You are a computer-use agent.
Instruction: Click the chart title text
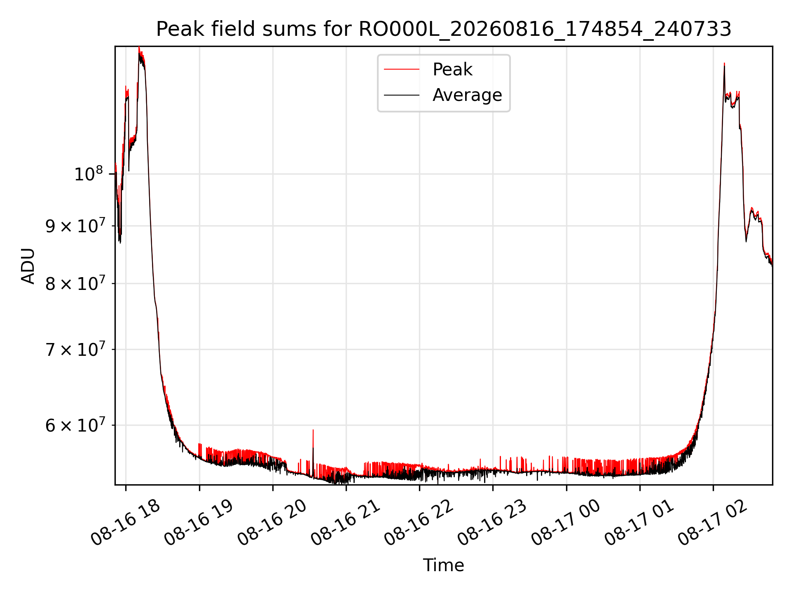(444, 29)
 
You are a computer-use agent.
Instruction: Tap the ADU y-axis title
(28, 266)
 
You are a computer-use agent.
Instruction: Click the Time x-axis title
(444, 565)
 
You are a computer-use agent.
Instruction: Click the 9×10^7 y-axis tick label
(75, 226)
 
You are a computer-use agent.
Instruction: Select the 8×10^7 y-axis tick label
(75, 283)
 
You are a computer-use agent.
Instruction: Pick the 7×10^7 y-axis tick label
(75, 349)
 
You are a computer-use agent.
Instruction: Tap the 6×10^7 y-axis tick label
(75, 425)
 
